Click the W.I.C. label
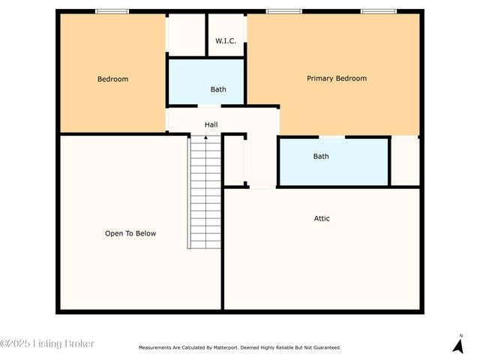click(226, 40)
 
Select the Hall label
click(211, 124)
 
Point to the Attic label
click(322, 218)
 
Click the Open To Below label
click(130, 233)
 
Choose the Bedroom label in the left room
click(112, 79)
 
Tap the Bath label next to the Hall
click(218, 89)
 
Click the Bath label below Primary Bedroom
click(321, 156)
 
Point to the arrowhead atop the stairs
click(206, 137)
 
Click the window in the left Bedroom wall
click(112, 11)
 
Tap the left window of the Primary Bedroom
click(284, 11)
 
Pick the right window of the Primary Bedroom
click(379, 11)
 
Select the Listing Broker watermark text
click(47, 343)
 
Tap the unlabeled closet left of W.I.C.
click(186, 34)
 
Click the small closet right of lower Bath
click(405, 160)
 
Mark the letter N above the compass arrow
click(461, 334)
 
